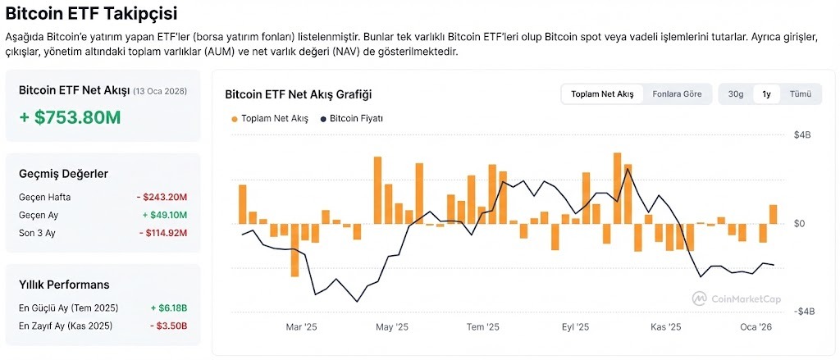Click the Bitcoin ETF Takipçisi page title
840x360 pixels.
point(90,13)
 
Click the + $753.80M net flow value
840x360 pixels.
point(70,117)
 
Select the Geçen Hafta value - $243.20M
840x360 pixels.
point(162,197)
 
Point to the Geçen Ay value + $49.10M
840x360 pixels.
point(164,215)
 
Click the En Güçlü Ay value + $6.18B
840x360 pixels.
point(169,308)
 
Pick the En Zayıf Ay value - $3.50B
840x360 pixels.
point(169,326)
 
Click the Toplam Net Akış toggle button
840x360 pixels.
point(602,94)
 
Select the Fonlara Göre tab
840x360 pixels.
point(677,94)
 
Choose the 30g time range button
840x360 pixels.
point(736,94)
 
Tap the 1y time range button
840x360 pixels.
point(766,94)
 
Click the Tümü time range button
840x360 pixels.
point(800,94)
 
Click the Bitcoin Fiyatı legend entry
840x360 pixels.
point(352,119)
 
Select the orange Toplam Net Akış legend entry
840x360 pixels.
point(270,119)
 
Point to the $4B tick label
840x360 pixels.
point(801,134)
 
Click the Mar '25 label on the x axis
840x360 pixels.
point(301,327)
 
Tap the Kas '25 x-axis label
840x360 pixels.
point(666,327)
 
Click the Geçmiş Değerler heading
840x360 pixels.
point(63,174)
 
